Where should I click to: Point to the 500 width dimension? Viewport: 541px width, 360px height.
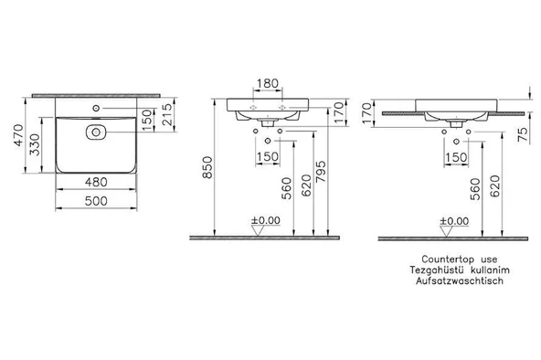point(98,200)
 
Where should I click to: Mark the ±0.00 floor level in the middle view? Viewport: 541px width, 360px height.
point(266,220)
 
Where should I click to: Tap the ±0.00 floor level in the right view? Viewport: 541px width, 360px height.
point(454,220)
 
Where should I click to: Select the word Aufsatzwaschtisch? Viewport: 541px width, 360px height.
point(461,282)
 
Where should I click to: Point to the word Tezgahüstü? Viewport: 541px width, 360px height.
point(437,270)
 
